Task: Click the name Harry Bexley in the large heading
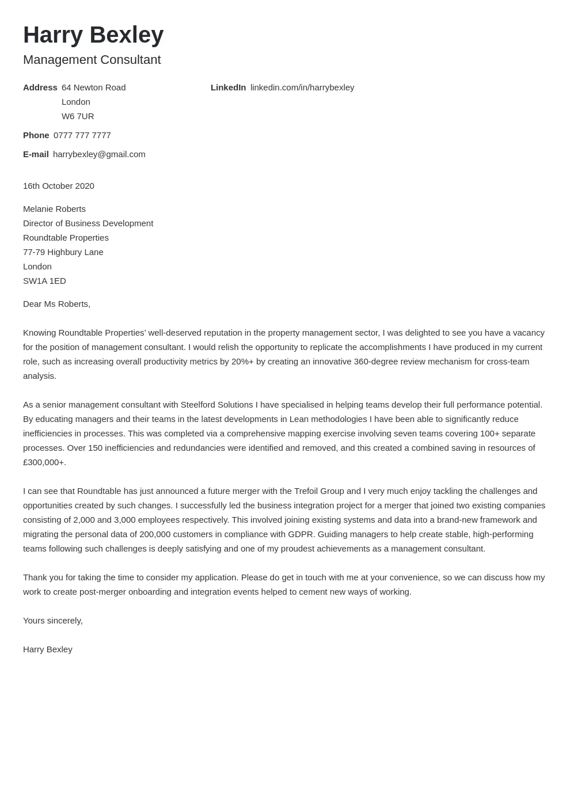click(x=93, y=35)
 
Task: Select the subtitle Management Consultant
click(x=92, y=60)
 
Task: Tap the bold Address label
click(x=40, y=88)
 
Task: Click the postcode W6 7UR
click(x=78, y=116)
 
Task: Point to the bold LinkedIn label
click(x=228, y=88)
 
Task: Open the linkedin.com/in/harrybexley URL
click(x=302, y=88)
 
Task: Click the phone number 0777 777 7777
click(x=82, y=135)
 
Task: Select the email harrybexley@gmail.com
click(x=99, y=154)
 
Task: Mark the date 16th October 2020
click(x=59, y=186)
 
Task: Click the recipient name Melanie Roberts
click(x=54, y=209)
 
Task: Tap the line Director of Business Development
click(x=88, y=223)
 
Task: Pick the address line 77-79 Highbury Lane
click(x=63, y=252)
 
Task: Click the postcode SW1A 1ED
click(x=44, y=281)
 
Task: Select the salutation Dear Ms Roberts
click(x=56, y=304)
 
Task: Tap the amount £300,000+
click(x=44, y=462)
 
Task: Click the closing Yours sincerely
click(x=53, y=621)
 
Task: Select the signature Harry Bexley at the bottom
click(x=48, y=649)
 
